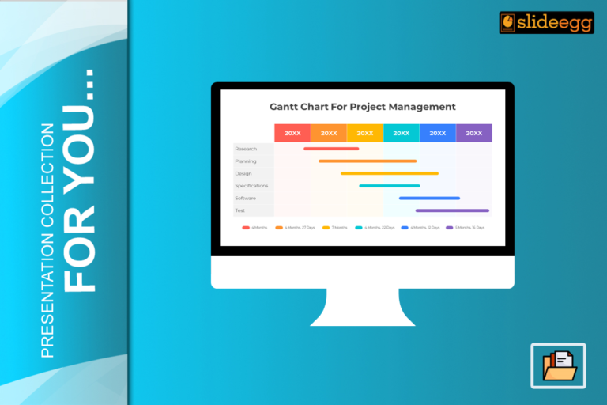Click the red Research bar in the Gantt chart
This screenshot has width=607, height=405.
click(331, 149)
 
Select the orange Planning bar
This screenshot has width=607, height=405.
click(368, 161)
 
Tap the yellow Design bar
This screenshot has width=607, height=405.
click(390, 173)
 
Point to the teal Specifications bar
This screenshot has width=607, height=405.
click(390, 186)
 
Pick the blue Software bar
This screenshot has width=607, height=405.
click(429, 199)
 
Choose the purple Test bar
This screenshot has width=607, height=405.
click(452, 210)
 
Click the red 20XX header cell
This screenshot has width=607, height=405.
click(292, 133)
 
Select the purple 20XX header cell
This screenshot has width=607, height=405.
click(474, 133)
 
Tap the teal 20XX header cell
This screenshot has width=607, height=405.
click(402, 133)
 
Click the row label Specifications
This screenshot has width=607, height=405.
click(251, 186)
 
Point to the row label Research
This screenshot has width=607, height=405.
click(246, 149)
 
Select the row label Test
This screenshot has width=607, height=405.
click(239, 210)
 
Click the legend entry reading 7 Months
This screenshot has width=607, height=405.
click(335, 228)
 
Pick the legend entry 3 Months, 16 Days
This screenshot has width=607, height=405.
click(466, 228)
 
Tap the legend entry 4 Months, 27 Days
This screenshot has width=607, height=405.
click(296, 228)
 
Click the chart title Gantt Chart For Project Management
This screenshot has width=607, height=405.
click(363, 106)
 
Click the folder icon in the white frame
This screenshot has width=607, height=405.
click(558, 365)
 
